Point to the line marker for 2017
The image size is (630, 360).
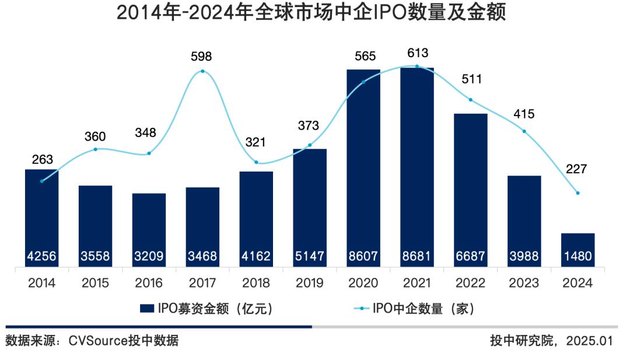202,71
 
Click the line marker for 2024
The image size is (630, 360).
577,193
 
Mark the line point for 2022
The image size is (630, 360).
471,100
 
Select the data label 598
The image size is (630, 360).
202,57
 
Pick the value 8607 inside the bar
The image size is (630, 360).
363,256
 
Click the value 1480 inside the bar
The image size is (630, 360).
578,256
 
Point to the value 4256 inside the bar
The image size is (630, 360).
41,256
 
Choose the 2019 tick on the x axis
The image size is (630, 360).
310,284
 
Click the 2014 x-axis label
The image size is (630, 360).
41,284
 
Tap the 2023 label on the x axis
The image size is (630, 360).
524,284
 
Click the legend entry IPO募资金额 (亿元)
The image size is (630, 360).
206,309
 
